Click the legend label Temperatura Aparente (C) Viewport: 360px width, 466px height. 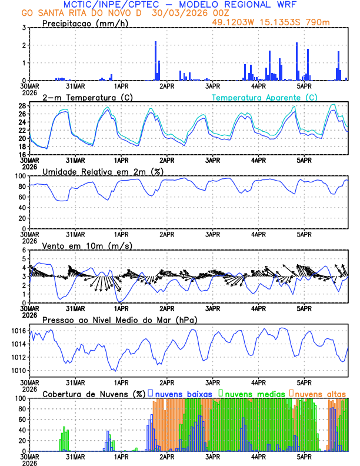coord(264,97)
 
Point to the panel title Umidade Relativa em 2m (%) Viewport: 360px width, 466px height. coord(103,171)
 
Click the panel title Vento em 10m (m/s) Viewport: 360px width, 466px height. coord(87,245)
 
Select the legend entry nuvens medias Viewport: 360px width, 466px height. coord(251,393)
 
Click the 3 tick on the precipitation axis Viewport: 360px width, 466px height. coord(24,28)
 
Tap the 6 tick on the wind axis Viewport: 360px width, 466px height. coord(24,250)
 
